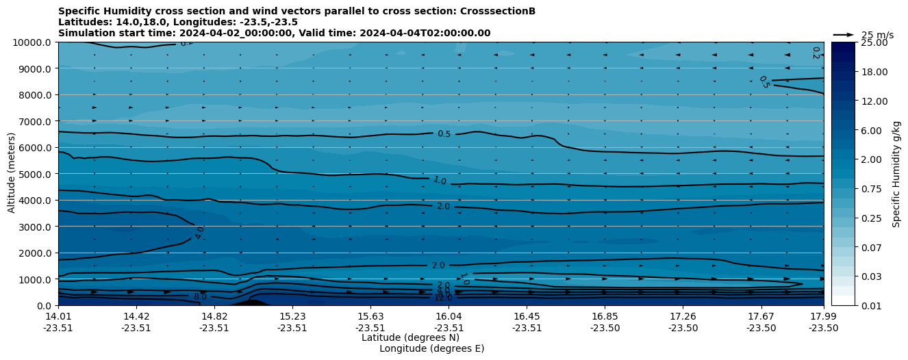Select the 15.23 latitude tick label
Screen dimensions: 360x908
pos(292,316)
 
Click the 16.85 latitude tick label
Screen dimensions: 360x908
pos(605,316)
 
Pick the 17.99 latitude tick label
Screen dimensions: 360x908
pos(823,316)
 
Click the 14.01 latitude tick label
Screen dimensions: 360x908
pos(58,316)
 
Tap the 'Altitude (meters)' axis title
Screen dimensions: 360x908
pos(12,174)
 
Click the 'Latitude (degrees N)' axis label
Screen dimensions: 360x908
pos(410,337)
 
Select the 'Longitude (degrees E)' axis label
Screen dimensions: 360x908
pos(431,348)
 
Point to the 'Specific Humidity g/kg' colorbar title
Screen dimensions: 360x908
pos(896,174)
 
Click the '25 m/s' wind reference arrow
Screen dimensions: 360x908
pos(844,35)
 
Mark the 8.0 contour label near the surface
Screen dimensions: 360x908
pos(200,297)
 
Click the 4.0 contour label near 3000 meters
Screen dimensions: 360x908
pos(199,233)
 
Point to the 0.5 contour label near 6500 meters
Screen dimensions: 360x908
pos(444,134)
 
